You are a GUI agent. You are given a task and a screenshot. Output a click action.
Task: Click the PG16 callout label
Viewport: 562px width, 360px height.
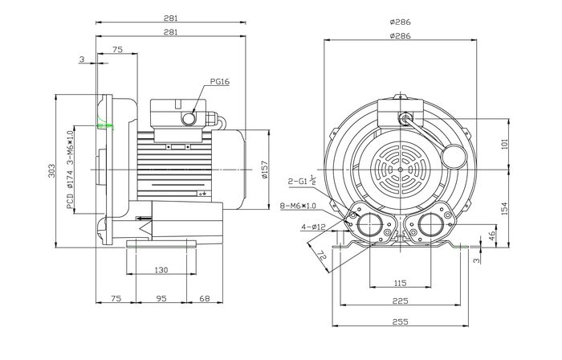221,82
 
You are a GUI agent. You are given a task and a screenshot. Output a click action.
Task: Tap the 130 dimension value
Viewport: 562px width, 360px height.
161,270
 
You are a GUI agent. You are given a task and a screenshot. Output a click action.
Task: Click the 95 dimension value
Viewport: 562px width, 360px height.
161,298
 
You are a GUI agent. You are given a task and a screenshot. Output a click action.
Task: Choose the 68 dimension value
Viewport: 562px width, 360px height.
203,298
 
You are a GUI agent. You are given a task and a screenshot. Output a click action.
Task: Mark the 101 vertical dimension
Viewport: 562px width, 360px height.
505,145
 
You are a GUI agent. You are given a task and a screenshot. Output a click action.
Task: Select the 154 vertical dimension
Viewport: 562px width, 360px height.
505,208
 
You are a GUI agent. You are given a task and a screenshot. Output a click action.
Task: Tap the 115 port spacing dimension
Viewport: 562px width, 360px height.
401,283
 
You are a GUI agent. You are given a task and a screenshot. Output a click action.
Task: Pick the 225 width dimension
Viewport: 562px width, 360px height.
401,302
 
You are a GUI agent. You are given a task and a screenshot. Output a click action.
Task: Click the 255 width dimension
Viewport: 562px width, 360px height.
401,321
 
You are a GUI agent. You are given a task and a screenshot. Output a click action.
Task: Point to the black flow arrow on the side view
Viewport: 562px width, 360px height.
142,217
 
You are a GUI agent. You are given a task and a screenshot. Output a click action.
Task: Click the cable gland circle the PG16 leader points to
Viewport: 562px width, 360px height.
191,119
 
